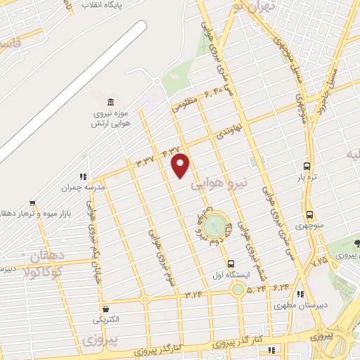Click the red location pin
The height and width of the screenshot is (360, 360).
pos(181,165)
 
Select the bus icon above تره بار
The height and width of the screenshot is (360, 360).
pos(307,165)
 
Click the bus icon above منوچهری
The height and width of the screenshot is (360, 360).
pos(309,215)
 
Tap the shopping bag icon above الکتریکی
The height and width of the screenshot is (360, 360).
pos(105,308)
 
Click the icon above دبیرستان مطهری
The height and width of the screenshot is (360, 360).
pos(300,295)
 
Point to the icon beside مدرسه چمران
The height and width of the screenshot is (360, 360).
pos(83,177)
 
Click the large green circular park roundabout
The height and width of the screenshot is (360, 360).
pos(216,226)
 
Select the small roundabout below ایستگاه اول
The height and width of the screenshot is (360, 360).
pos(238,289)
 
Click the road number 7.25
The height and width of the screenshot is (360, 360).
pos(320,261)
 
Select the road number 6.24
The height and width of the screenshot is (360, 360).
pos(281,287)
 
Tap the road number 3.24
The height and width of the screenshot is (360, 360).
pos(193,294)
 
